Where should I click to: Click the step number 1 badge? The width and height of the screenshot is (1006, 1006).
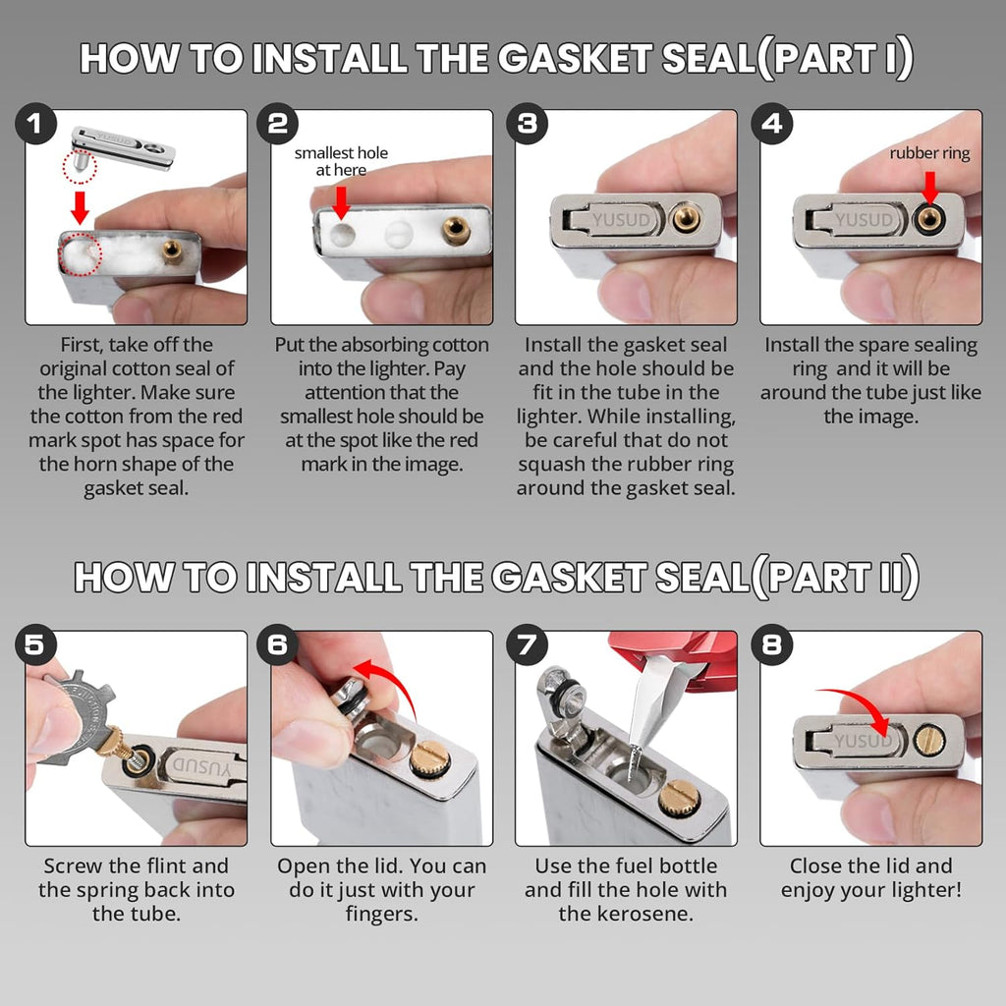(x=36, y=124)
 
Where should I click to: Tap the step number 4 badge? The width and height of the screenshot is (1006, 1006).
(x=772, y=124)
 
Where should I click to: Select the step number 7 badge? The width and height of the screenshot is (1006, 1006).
(x=528, y=645)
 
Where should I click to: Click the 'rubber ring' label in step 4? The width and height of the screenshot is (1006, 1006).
(x=929, y=153)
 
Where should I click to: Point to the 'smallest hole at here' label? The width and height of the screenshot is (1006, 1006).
(x=341, y=161)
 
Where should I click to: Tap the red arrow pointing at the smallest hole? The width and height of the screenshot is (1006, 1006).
(x=341, y=201)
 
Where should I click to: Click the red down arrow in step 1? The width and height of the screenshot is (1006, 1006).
(x=82, y=207)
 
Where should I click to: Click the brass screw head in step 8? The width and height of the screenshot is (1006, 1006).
(x=925, y=739)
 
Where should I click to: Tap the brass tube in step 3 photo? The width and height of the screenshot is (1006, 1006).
(x=686, y=219)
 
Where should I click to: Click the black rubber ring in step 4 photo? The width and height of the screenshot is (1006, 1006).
(x=928, y=218)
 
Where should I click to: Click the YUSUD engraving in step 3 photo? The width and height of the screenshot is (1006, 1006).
(x=623, y=220)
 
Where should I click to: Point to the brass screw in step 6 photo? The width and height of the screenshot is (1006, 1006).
(x=429, y=758)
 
